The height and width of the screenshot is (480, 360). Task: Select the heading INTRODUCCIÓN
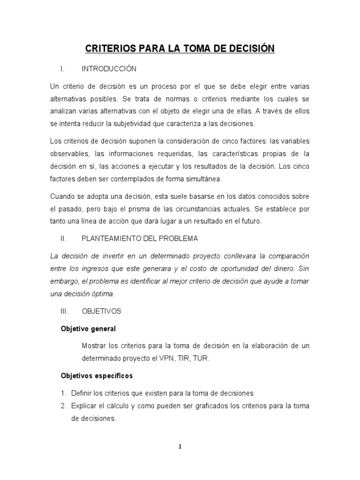(109, 69)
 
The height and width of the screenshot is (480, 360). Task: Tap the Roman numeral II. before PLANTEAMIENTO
(65, 239)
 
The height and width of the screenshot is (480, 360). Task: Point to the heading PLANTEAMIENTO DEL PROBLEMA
(140, 239)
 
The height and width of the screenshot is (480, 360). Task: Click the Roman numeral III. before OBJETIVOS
(65, 311)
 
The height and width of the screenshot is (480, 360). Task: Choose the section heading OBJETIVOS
(101, 311)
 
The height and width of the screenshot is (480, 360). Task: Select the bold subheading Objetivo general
(88, 329)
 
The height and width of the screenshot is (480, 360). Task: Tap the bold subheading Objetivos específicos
(97, 375)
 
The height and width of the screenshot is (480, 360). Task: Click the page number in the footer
(180, 447)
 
